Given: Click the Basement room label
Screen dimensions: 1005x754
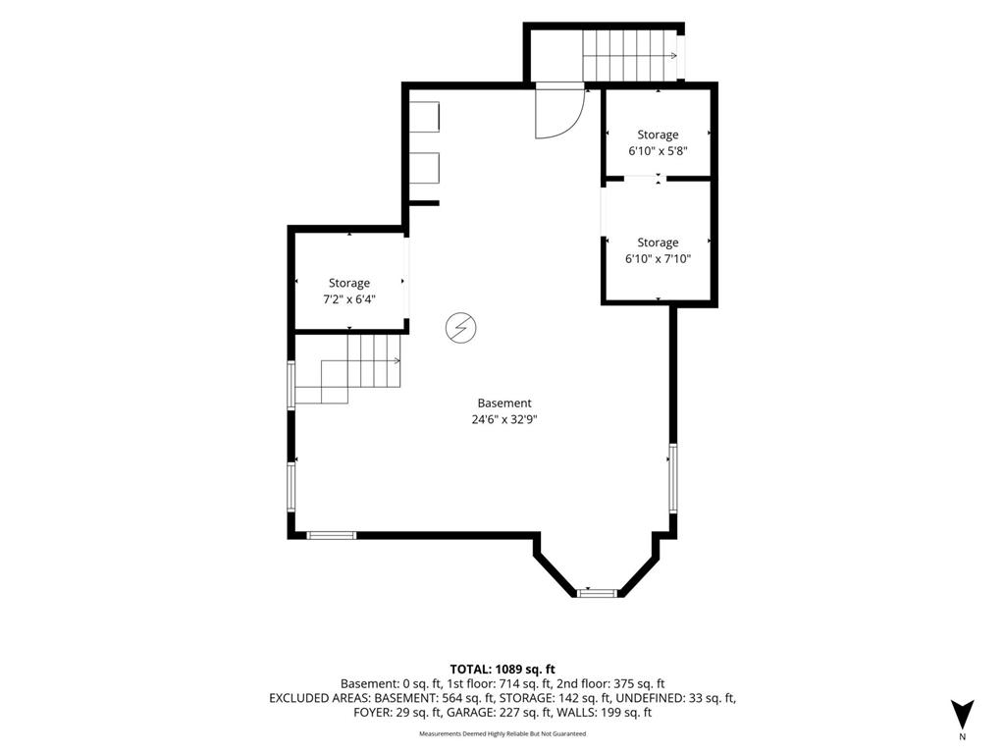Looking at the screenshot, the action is pyautogui.click(x=504, y=404).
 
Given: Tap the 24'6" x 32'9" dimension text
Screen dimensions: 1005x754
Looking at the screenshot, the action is pyautogui.click(x=504, y=420).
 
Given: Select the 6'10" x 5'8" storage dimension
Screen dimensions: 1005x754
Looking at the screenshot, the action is pyautogui.click(x=658, y=151).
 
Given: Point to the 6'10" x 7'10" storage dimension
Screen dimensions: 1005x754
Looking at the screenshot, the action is pyautogui.click(x=658, y=259).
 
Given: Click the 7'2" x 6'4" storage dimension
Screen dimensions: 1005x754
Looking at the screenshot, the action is pyautogui.click(x=349, y=299).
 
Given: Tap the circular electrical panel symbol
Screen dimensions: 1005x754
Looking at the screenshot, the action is pyautogui.click(x=461, y=328).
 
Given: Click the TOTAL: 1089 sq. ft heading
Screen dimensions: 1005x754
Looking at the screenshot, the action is pyautogui.click(x=502, y=670).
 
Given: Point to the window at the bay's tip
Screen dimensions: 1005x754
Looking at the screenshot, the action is pyautogui.click(x=596, y=593).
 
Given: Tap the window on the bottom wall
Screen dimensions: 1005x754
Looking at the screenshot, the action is pyautogui.click(x=332, y=535).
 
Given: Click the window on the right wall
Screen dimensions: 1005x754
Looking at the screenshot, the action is pyautogui.click(x=673, y=478).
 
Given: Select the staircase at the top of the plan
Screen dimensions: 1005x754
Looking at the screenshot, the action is pyautogui.click(x=630, y=56).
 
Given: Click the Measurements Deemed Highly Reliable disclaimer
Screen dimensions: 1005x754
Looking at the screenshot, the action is pyautogui.click(x=502, y=733).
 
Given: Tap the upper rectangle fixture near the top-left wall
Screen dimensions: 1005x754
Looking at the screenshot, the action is pyautogui.click(x=424, y=117).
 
